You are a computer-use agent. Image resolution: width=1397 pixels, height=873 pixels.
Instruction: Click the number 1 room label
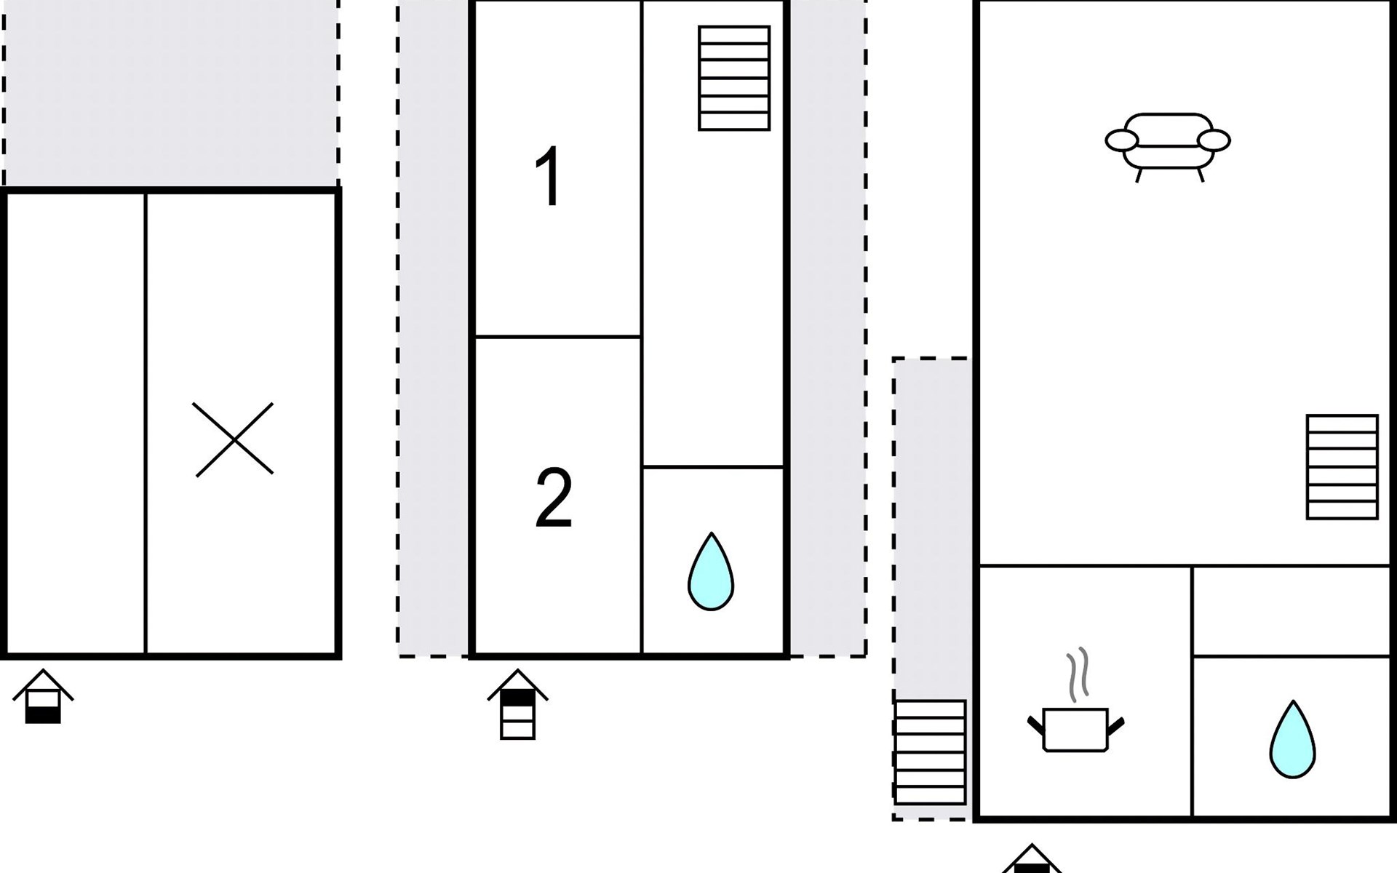click(x=548, y=177)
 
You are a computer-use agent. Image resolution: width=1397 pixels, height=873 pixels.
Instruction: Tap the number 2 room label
click(x=554, y=498)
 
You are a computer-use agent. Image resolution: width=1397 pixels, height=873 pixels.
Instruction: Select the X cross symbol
click(x=234, y=439)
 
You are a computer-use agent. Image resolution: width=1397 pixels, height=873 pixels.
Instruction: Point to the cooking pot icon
click(x=1075, y=728)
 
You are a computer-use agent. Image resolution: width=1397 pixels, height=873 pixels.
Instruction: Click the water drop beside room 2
click(x=711, y=572)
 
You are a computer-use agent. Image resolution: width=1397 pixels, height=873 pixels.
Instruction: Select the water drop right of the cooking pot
click(x=1292, y=740)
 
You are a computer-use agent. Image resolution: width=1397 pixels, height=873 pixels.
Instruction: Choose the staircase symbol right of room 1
click(x=733, y=79)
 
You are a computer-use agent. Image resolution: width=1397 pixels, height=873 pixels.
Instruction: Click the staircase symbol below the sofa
click(x=1342, y=466)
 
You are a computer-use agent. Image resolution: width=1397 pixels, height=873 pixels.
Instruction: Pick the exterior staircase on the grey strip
click(x=930, y=752)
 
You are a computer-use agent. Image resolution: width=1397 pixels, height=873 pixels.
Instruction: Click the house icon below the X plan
click(x=43, y=697)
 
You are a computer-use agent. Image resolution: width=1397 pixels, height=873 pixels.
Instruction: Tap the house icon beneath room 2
click(x=517, y=704)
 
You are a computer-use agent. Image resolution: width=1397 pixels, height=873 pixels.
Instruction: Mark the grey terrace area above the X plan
click(x=171, y=93)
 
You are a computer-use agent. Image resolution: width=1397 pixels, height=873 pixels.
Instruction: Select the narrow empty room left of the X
click(x=76, y=422)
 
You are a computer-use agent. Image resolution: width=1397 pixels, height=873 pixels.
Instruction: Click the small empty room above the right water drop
click(x=1291, y=611)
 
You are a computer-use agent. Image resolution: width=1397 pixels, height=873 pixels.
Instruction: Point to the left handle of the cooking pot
click(x=1035, y=725)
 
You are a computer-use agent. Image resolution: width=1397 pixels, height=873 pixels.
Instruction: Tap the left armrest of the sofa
click(x=1121, y=140)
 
